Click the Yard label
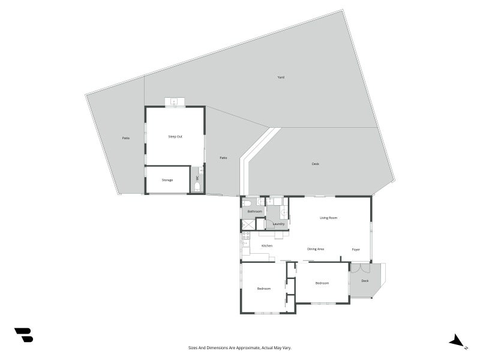[281, 77]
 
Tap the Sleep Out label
[175, 137]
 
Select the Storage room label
[167, 180]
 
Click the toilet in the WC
[197, 187]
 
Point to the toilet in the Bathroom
[247, 203]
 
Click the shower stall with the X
[248, 224]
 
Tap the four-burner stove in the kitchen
[246, 235]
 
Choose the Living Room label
[328, 218]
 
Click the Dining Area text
[316, 249]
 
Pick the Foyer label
[356, 250]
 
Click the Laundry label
[278, 224]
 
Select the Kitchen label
[267, 246]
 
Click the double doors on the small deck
[361, 268]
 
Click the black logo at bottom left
[24, 335]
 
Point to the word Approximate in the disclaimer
[250, 348]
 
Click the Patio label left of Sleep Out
[126, 138]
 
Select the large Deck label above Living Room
[316, 164]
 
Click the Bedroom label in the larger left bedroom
[263, 289]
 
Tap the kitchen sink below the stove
[245, 244]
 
